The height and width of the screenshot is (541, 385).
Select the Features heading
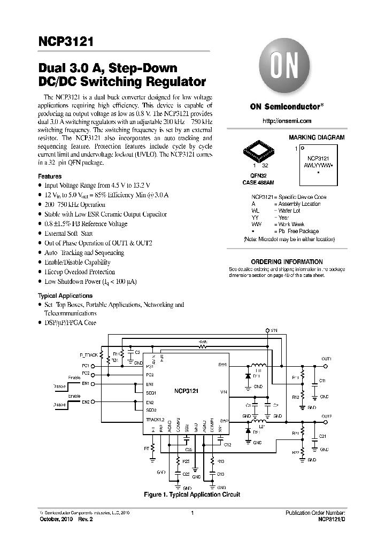pyautogui.click(x=50, y=176)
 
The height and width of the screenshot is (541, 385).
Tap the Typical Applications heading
pyautogui.click(x=65, y=296)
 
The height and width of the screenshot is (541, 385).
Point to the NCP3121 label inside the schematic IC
pyautogui.click(x=186, y=391)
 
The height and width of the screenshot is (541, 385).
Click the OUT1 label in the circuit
pyautogui.click(x=326, y=359)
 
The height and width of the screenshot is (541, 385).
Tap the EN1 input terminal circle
pyautogui.click(x=91, y=384)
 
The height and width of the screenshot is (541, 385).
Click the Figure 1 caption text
pyautogui.click(x=192, y=494)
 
